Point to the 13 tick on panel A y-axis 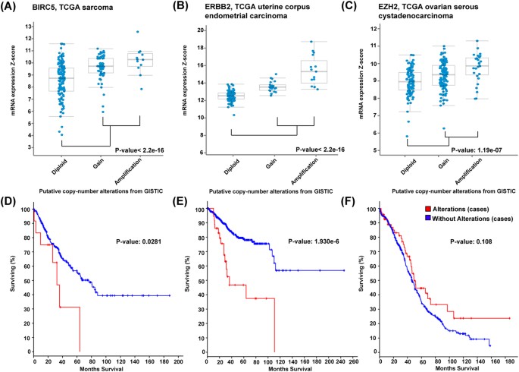(x=28, y=27)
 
